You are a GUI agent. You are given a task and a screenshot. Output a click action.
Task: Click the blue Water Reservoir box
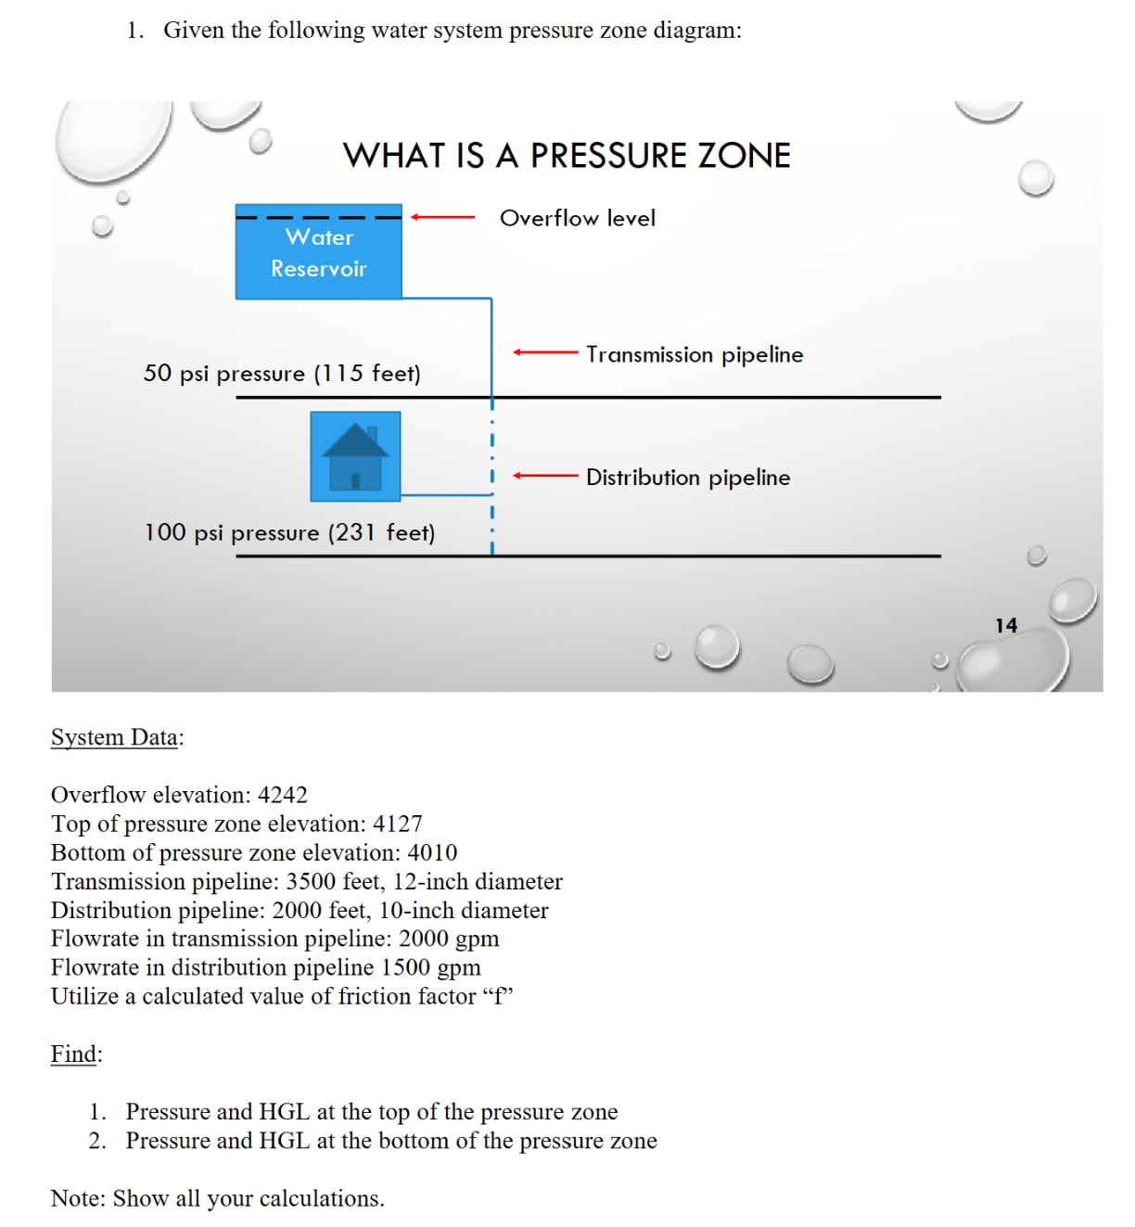click(x=318, y=252)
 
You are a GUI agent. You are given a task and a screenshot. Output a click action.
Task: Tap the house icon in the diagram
click(x=355, y=456)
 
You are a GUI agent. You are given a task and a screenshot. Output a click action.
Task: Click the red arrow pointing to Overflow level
click(x=442, y=217)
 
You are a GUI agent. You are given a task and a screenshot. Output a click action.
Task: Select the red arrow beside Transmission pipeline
click(x=545, y=352)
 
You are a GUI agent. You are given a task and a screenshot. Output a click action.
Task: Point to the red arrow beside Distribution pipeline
click(x=545, y=476)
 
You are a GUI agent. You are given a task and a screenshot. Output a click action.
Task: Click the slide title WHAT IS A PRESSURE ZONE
click(x=567, y=156)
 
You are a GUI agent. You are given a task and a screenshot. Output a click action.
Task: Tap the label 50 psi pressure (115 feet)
click(x=282, y=374)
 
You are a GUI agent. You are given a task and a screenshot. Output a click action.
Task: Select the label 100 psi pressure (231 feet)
click(x=289, y=533)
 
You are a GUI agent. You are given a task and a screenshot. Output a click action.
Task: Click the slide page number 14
click(x=1006, y=626)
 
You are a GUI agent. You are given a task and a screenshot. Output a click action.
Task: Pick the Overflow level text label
click(x=577, y=219)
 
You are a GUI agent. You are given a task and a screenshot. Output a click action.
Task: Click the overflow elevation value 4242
click(x=282, y=795)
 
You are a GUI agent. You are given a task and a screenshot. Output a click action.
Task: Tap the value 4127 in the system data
click(x=397, y=824)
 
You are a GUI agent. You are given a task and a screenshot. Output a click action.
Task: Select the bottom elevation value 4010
click(x=432, y=852)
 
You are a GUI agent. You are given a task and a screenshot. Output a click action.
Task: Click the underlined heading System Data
click(x=115, y=737)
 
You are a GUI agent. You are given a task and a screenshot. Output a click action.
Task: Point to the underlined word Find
click(x=73, y=1054)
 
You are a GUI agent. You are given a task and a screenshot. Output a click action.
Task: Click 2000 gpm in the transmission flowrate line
click(x=449, y=939)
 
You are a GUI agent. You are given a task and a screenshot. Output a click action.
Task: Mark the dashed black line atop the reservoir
click(x=318, y=218)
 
